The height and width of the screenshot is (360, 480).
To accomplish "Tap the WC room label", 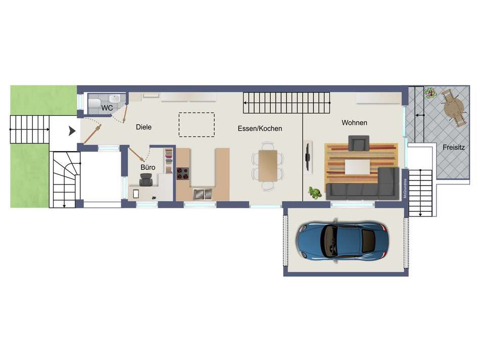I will [107, 108].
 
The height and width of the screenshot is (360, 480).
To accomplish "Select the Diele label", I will [143, 127].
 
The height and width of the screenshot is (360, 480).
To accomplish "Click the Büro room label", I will [148, 167].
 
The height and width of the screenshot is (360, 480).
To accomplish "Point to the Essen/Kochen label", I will [260, 129].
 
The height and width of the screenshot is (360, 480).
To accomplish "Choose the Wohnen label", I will [354, 123].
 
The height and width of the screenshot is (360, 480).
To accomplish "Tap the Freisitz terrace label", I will [453, 148].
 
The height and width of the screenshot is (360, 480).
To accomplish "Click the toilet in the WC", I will [94, 104].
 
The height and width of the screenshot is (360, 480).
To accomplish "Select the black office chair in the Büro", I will [146, 179].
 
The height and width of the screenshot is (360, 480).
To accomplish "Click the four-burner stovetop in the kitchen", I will [182, 174].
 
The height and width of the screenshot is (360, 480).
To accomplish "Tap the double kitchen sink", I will [202, 193].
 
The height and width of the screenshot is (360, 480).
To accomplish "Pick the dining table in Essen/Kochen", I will [267, 165].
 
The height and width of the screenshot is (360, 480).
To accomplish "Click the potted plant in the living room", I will [315, 192].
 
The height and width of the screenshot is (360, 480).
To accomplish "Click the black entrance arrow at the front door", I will [72, 131].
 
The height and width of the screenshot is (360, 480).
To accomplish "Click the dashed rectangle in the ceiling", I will [197, 124].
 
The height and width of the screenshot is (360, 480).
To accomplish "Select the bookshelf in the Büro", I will [168, 161].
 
